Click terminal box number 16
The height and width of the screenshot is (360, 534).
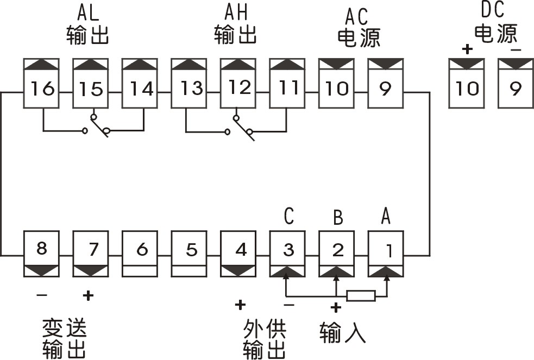pos(42,88)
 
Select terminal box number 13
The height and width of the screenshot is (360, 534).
pos(190,88)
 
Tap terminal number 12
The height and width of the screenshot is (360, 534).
pos(238,88)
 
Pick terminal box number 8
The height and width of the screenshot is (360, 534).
pos(42,250)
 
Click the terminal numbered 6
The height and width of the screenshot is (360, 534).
pos(141,250)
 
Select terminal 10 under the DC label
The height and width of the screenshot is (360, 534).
pos(467,88)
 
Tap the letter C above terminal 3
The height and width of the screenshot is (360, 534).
pos(289,216)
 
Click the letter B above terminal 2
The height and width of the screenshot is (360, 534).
pos(337,218)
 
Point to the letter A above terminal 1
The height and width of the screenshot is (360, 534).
pos(386,216)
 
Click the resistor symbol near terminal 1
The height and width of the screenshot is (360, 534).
pos(361,296)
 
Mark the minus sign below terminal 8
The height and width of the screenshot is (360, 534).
pos(42,296)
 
